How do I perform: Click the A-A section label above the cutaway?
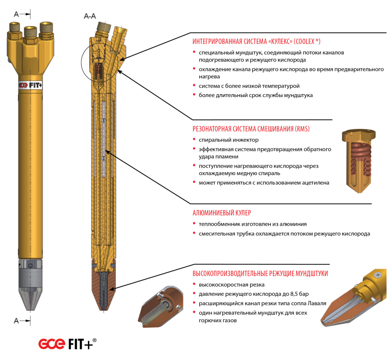pos(90,16)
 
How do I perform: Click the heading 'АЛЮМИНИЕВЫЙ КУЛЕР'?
pos(222,213)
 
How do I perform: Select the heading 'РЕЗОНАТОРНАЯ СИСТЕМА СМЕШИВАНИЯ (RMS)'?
pos(251,129)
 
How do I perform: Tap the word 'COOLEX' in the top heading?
pos(304,41)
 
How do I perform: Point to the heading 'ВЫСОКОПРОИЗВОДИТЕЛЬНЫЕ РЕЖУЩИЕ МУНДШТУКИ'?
pos(260,273)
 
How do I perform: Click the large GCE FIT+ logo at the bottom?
pos(67,344)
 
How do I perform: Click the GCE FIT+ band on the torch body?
pos(30,85)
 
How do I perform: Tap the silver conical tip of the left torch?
pos(30,299)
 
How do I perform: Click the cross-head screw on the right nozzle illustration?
pos(378,275)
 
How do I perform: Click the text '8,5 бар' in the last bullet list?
pos(299,294)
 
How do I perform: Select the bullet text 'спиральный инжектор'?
pos(229,140)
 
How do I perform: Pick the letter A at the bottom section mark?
pos(16,321)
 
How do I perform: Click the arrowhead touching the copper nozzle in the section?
pos(112,289)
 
